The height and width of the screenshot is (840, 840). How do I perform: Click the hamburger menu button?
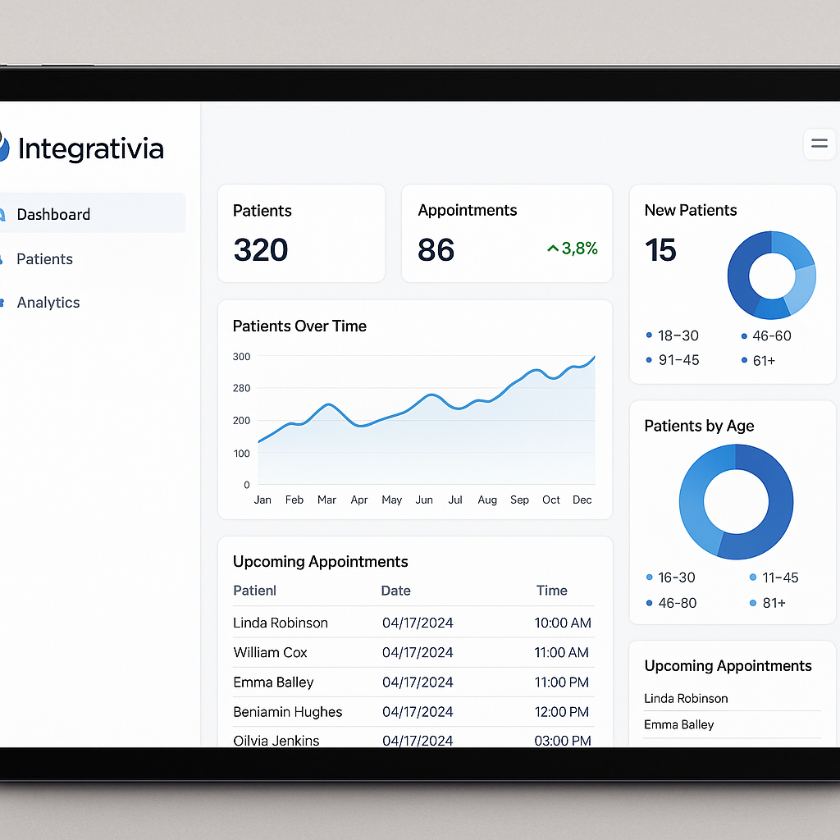click(819, 144)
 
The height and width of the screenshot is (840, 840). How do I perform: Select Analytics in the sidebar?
click(48, 303)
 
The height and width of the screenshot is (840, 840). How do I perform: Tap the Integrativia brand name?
click(90, 149)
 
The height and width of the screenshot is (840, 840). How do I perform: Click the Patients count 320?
click(260, 250)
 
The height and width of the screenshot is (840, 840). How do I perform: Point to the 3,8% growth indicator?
click(573, 249)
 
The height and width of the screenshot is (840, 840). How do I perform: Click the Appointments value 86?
click(436, 250)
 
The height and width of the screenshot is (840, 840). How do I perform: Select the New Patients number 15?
click(660, 250)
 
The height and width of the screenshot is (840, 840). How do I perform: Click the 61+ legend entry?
click(763, 360)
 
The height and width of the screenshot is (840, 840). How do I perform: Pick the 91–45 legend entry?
click(678, 360)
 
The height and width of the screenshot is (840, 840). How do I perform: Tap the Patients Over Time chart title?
click(299, 326)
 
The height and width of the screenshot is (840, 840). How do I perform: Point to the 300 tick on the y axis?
click(241, 357)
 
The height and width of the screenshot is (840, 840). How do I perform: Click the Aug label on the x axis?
click(487, 500)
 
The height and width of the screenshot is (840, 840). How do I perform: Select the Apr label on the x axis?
click(359, 500)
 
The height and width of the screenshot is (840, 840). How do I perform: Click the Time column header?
click(551, 591)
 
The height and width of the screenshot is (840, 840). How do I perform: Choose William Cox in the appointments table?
click(270, 653)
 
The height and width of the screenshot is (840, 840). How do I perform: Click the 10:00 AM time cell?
click(563, 623)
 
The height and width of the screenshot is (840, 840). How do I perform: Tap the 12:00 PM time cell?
click(563, 712)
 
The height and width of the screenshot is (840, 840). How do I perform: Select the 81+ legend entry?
click(773, 603)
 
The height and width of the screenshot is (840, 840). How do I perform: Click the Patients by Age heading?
click(699, 426)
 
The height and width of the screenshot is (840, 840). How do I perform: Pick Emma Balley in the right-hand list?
click(679, 725)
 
